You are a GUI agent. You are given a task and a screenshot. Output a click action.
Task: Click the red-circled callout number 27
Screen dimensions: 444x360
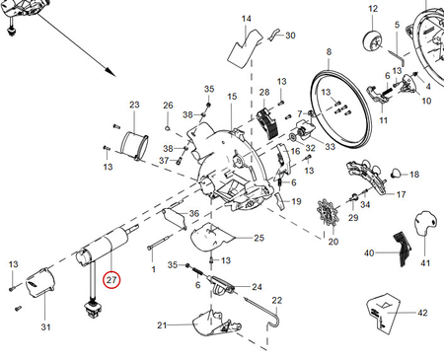pyautogui.click(x=111, y=280)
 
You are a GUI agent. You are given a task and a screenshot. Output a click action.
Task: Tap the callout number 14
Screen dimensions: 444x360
pyautogui.click(x=246, y=19)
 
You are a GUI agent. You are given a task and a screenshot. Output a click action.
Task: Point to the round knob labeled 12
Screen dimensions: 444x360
pyautogui.click(x=372, y=40)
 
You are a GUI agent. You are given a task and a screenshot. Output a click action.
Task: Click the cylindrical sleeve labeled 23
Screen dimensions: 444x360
pyautogui.click(x=134, y=147)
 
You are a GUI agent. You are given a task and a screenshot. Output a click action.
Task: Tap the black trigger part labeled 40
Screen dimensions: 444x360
pyautogui.click(x=402, y=249)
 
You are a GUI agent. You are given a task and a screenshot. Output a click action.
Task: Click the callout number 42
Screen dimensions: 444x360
pyautogui.click(x=422, y=313)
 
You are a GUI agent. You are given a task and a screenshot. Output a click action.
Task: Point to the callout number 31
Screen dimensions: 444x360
pyautogui.click(x=45, y=327)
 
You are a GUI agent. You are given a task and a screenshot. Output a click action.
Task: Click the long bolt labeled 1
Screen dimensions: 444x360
pyautogui.click(x=160, y=242)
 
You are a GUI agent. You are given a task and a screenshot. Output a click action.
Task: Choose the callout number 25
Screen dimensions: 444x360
pyautogui.click(x=259, y=238)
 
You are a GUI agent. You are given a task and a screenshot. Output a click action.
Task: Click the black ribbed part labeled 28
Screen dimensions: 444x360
pyautogui.click(x=266, y=124)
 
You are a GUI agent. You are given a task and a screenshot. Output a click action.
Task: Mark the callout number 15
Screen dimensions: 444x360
pyautogui.click(x=232, y=97)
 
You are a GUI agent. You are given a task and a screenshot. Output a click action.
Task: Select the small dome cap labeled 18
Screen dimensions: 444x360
pyautogui.click(x=396, y=173)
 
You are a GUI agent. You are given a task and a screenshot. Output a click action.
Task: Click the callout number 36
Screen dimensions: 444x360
pyautogui.click(x=194, y=213)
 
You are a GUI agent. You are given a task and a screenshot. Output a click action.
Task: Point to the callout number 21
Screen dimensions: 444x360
pyautogui.click(x=162, y=325)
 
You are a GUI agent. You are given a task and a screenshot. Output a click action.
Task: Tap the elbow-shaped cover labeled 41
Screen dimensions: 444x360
pyautogui.click(x=425, y=224)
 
